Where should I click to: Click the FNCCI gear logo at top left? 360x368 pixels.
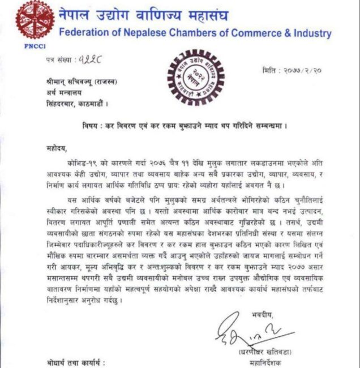point(33,21)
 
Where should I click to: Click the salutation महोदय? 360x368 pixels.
point(58,149)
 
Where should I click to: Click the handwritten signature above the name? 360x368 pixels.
point(241,328)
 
